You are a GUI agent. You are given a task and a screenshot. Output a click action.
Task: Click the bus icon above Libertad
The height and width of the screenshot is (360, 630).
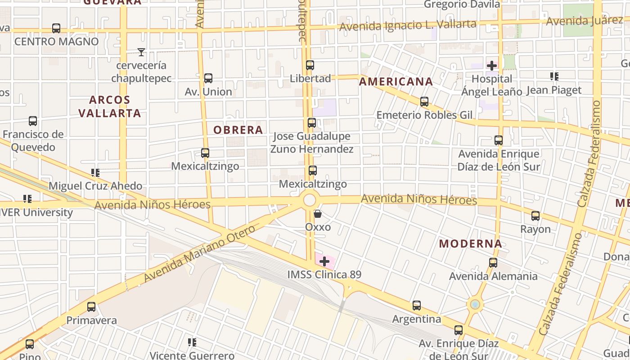(310, 65)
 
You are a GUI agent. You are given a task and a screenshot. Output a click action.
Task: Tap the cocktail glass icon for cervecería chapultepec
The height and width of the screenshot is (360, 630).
(141, 52)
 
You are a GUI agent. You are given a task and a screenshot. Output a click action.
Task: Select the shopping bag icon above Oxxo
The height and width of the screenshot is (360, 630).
(318, 214)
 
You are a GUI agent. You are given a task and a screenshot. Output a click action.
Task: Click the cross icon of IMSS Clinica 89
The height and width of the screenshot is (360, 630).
(324, 261)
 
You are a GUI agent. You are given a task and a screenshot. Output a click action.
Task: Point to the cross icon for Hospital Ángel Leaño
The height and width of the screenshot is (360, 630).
(492, 66)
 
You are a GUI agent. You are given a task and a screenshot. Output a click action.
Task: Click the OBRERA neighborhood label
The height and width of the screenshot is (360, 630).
(238, 130)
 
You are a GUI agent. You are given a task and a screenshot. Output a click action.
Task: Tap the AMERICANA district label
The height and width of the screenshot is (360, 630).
(396, 82)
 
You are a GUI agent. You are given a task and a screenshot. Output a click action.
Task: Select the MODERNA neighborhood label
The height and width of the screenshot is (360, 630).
(471, 244)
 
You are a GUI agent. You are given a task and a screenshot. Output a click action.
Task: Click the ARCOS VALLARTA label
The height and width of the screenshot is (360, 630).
(110, 106)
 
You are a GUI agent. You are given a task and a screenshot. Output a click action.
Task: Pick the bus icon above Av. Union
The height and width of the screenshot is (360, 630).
(208, 78)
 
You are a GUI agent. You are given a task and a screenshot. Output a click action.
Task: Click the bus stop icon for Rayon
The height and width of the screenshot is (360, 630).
(535, 216)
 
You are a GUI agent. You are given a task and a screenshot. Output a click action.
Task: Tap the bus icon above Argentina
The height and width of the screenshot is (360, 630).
(417, 306)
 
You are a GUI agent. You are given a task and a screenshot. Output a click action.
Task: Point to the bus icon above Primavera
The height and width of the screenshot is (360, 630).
(91, 307)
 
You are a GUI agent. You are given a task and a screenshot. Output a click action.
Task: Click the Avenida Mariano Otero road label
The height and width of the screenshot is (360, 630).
(200, 254)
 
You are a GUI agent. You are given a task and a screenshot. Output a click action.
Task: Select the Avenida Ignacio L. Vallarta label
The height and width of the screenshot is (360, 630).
(408, 25)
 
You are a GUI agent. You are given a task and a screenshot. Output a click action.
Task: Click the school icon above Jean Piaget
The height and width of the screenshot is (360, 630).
(554, 77)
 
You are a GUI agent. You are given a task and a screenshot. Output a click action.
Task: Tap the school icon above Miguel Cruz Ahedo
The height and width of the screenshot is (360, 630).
(95, 173)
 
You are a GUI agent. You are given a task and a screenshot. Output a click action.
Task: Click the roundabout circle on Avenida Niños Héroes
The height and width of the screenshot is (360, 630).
(310, 200)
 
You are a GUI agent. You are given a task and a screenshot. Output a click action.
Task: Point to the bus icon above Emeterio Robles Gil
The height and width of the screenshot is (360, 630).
(424, 102)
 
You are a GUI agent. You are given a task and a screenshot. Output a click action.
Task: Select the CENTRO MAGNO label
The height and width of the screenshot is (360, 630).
(57, 41)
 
